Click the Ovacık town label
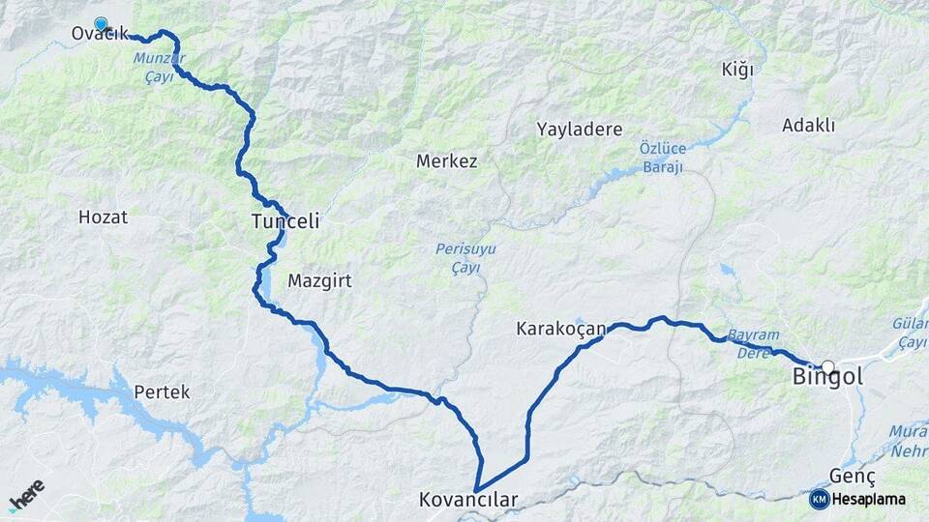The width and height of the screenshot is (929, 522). [100, 35]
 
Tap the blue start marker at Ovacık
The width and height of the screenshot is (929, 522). [101, 23]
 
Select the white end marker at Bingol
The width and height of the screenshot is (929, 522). [827, 367]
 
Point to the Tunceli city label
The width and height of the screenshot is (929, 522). [285, 222]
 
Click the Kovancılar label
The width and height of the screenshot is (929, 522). [468, 501]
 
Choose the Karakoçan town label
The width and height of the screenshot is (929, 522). [561, 330]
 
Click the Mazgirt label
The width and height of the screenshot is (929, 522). [319, 281]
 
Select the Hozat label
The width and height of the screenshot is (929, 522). [103, 217]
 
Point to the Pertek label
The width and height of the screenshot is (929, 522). [162, 392]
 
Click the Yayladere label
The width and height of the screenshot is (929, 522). [580, 130]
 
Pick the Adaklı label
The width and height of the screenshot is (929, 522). [808, 125]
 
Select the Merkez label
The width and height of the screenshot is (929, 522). [446, 161]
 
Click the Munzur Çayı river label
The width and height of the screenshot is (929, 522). [158, 66]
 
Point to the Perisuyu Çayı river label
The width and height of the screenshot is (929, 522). [465, 258]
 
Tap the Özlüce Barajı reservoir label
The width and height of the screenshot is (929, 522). [662, 158]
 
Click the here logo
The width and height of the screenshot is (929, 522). [27, 495]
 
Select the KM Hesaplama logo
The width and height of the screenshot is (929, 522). [858, 499]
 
